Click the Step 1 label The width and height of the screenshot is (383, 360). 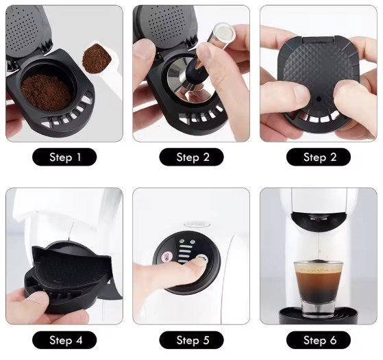click(x=64, y=157)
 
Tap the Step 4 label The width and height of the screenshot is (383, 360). click(x=64, y=340)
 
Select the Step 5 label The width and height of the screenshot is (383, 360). click(x=192, y=340)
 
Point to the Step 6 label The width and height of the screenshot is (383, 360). click(x=319, y=340)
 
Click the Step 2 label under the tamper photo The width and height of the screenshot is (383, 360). click(x=192, y=157)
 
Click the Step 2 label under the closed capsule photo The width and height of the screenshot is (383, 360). click(x=319, y=157)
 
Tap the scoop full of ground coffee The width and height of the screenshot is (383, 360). click(x=97, y=58)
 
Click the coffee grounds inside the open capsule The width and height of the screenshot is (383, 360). click(x=47, y=92)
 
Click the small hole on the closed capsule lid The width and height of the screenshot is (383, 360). click(x=319, y=99)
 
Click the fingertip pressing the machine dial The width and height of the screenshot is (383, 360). click(x=199, y=262)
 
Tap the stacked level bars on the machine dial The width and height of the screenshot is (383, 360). click(x=185, y=254)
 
